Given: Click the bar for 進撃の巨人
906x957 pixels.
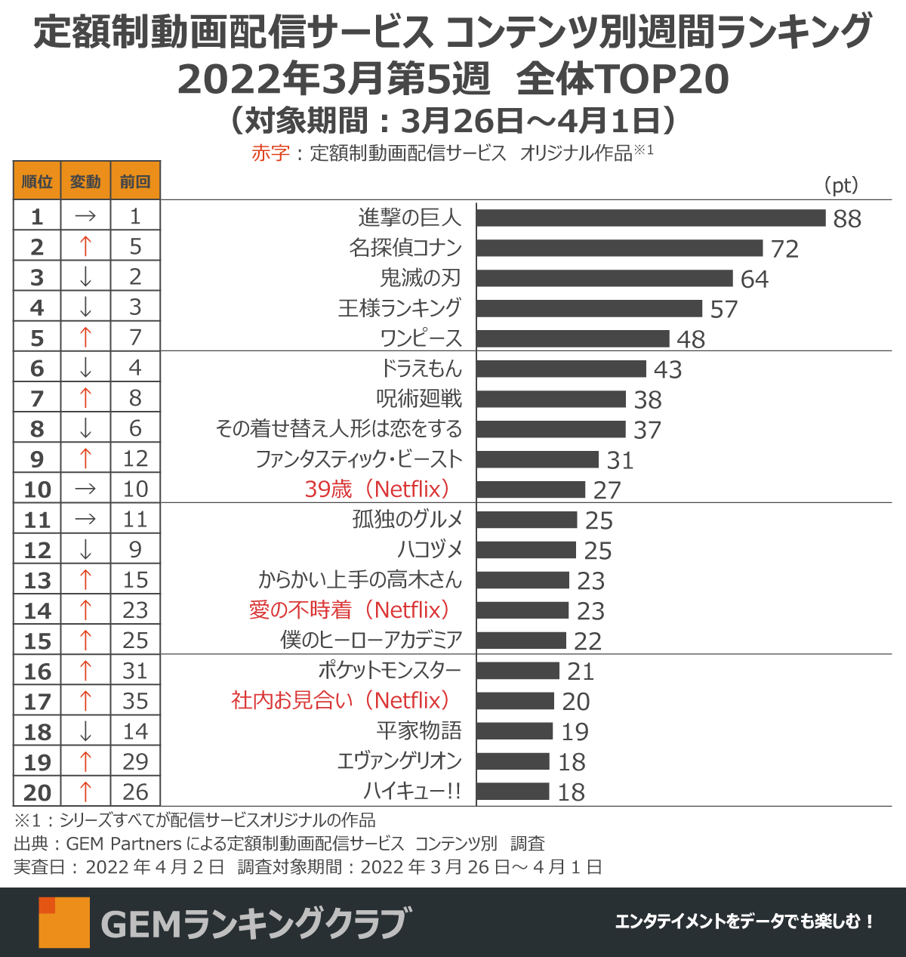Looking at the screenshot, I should click(651, 218).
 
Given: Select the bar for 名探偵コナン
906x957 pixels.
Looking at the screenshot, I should click(620, 248).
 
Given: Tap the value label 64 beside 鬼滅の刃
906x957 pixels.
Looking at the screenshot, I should click(754, 279).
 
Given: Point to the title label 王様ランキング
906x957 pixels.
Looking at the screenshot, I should click(399, 308).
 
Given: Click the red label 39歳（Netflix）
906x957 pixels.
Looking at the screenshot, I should click(377, 489).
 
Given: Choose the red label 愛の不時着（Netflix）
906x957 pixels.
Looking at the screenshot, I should click(350, 610).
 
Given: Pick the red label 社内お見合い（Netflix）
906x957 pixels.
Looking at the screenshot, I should click(341, 701).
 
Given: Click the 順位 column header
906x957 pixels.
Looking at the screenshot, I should click(37, 181).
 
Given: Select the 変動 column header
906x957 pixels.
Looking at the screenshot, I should click(85, 181).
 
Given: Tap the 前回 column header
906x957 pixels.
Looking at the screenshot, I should click(135, 181).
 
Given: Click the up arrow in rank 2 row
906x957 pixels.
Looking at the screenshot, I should click(85, 246).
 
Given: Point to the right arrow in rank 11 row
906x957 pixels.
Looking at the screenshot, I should click(85, 519).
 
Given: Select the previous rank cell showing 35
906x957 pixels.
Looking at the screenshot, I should click(135, 701).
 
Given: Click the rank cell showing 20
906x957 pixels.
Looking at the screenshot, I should click(37, 792).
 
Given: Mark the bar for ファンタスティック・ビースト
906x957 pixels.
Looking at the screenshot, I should click(538, 459).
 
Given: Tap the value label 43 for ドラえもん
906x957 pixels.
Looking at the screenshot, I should click(667, 369).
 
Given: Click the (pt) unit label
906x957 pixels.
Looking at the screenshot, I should click(840, 185).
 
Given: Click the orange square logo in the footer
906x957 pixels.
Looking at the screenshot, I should click(64, 922).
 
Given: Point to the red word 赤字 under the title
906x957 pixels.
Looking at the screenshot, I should click(270, 153).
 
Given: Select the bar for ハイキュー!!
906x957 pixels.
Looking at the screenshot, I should click(513, 792).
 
